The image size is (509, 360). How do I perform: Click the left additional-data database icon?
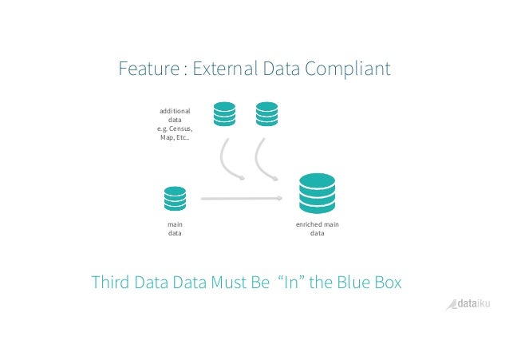[224, 113]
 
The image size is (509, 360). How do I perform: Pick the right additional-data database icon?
[266, 113]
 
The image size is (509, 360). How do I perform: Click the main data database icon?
[174, 198]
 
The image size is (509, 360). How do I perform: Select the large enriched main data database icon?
[317, 191]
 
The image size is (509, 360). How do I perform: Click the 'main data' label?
[174, 229]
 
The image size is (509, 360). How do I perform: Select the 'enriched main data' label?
[318, 229]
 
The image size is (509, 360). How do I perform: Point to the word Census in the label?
[180, 128]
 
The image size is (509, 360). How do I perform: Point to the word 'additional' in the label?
[175, 109]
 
